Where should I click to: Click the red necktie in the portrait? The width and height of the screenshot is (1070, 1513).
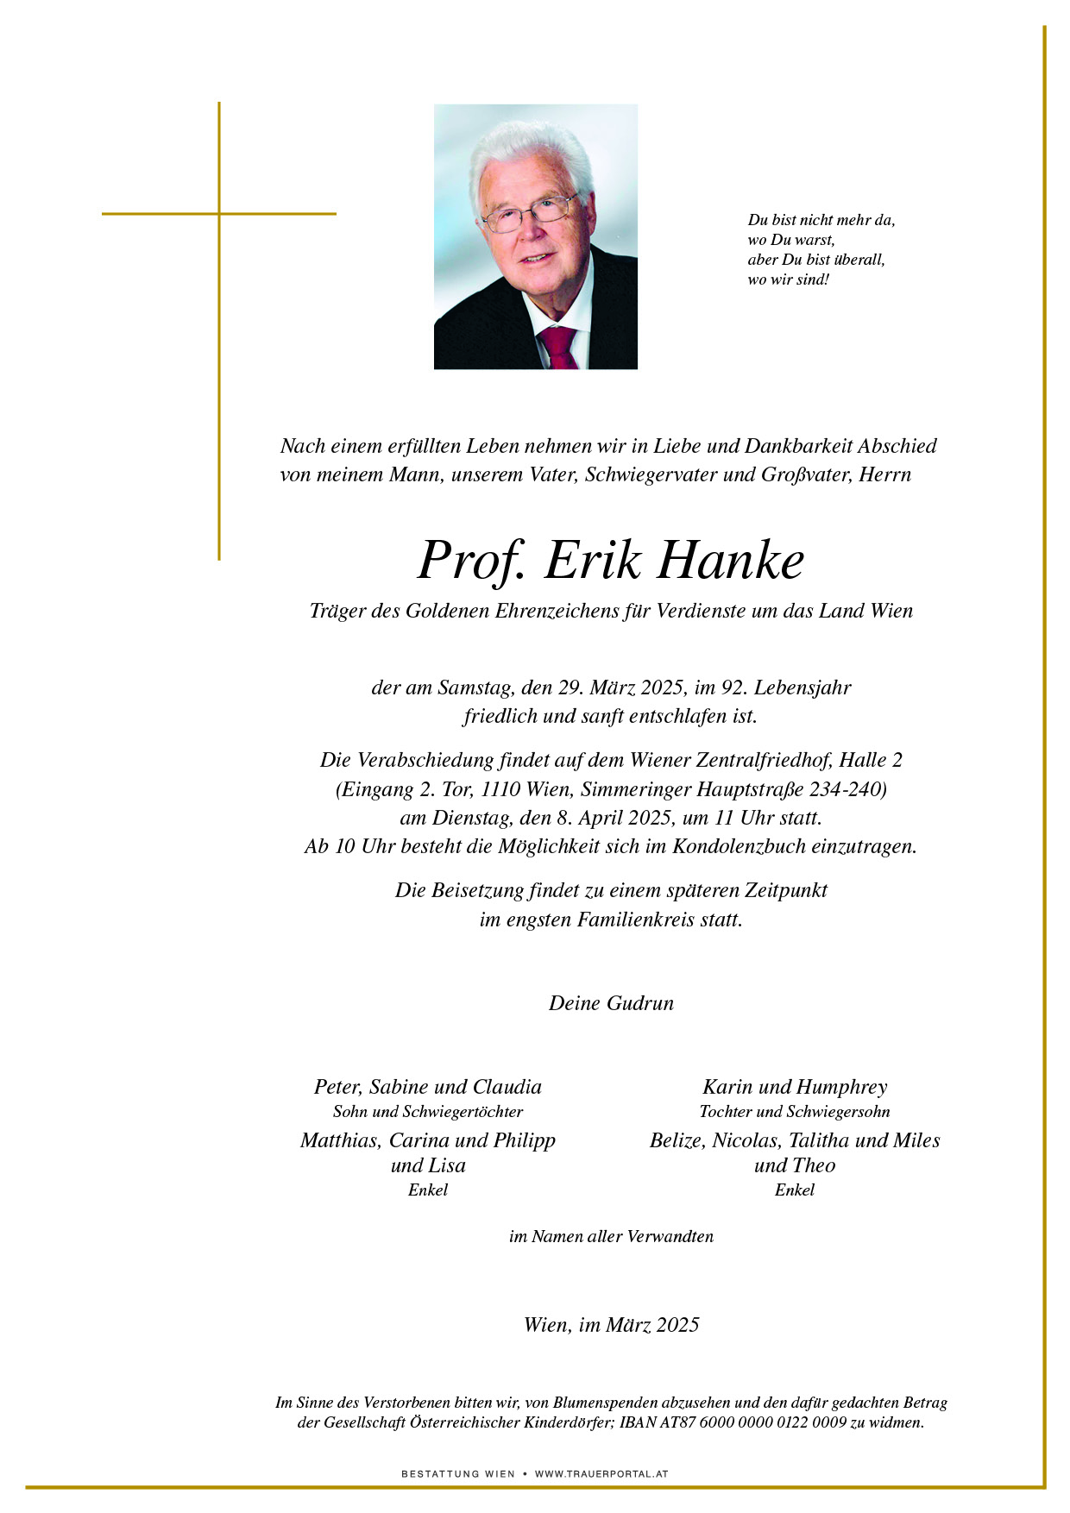[x=558, y=347]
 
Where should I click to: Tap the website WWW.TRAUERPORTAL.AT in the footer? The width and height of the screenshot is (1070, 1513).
[x=601, y=1474]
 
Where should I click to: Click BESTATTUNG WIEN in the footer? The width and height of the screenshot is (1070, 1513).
[x=458, y=1474]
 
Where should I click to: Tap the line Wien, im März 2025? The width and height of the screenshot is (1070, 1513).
[x=611, y=1325]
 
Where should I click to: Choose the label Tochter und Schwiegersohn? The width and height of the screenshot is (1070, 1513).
[x=794, y=1112]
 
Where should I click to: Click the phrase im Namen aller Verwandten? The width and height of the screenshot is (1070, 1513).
[x=611, y=1236]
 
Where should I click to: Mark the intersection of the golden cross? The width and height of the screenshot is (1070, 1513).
[x=219, y=213]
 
